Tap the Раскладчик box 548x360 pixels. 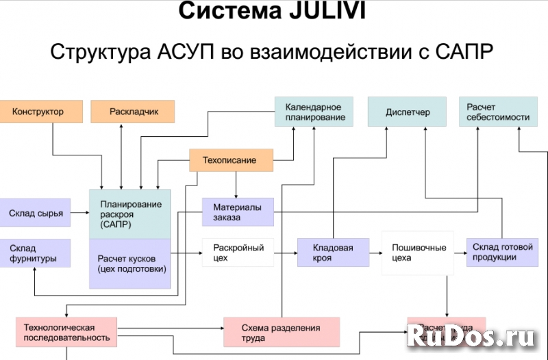132,111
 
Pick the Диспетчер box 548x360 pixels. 408,112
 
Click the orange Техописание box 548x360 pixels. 230,160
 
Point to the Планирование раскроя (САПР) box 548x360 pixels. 130,214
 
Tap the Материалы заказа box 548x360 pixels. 237,212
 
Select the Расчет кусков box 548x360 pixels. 130,263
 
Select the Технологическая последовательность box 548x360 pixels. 66,332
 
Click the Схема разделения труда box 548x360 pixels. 282,332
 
